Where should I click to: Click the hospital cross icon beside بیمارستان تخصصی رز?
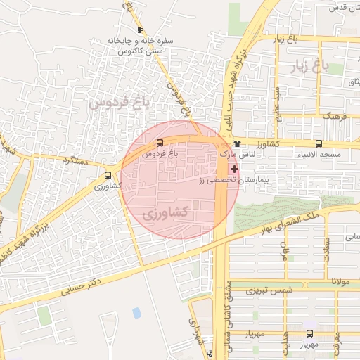[234, 169]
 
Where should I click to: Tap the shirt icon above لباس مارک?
[236, 144]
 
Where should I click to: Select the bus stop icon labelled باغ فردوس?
[159, 143]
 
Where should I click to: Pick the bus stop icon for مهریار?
[310, 334]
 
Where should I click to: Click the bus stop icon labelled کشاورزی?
[108, 176]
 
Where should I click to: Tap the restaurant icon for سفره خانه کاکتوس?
[141, 30]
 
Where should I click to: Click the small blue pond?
[136, 311]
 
